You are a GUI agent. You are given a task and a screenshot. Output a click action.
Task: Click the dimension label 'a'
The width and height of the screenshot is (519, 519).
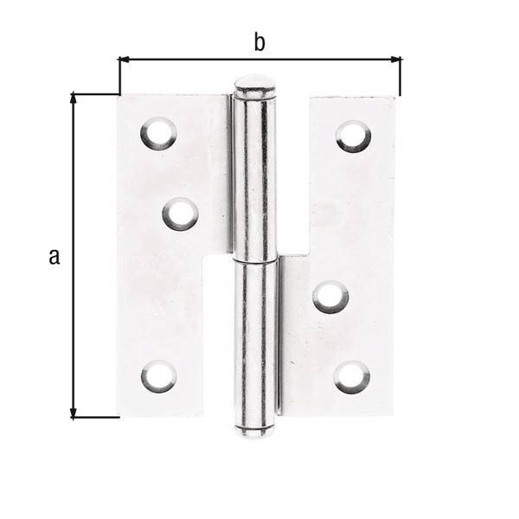click(54, 255)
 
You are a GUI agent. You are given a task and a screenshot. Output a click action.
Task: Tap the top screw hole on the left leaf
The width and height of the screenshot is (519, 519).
click(158, 134)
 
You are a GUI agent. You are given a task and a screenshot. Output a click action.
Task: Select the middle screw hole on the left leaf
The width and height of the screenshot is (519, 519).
click(180, 214)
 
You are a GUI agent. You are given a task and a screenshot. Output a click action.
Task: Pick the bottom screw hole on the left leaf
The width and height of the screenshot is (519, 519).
click(158, 376)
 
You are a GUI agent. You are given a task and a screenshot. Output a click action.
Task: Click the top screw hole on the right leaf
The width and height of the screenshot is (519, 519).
click(353, 136)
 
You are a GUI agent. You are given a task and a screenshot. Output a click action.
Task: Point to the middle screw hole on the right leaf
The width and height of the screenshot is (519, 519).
click(330, 297)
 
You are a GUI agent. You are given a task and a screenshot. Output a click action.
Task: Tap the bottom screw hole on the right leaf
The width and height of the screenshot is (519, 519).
click(352, 376)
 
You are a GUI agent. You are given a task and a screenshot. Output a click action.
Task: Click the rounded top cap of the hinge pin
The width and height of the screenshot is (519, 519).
click(255, 86)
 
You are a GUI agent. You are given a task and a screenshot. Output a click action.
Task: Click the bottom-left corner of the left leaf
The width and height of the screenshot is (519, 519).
click(120, 415)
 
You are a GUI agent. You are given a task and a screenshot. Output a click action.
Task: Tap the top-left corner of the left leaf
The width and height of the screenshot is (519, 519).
click(119, 95)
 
